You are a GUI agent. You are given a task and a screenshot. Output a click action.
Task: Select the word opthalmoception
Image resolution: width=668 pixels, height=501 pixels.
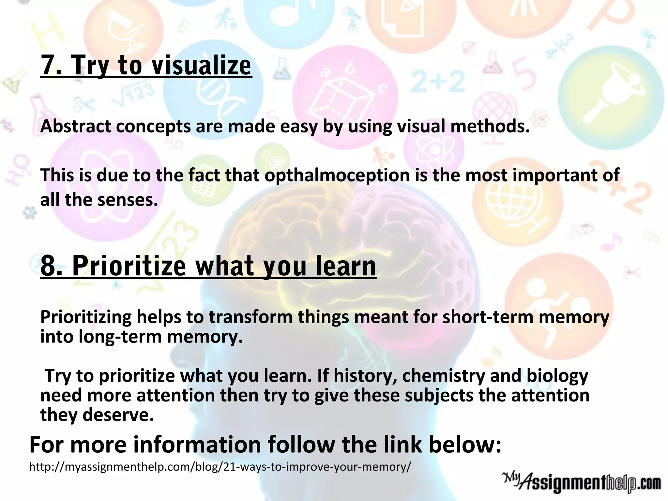(x=337, y=175)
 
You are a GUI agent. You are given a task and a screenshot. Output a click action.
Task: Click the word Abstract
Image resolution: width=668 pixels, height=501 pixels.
(x=76, y=126)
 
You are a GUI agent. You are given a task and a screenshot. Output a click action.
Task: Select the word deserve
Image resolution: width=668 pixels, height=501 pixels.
(x=118, y=415)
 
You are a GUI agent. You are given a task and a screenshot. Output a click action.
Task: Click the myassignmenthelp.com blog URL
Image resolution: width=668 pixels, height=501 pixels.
(x=220, y=467)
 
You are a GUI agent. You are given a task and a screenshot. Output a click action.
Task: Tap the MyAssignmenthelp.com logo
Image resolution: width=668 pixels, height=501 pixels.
(x=581, y=481)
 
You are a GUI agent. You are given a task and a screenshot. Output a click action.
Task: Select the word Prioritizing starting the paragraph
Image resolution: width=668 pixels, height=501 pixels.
(x=85, y=317)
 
